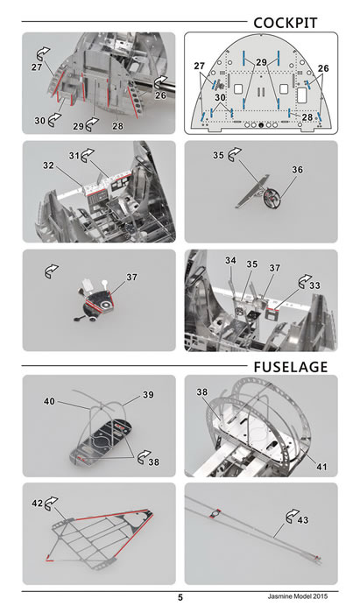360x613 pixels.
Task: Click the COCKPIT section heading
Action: [286, 23]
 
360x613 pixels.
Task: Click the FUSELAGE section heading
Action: [291, 367]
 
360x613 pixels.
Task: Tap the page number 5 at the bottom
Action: [180, 597]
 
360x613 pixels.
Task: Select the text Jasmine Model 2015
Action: [298, 596]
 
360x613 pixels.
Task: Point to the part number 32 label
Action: [48, 166]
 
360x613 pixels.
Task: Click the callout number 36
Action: [297, 170]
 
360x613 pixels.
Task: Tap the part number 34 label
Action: [230, 260]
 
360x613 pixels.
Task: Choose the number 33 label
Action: [314, 285]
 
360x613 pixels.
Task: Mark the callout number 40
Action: [50, 401]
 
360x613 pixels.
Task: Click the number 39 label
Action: [148, 395]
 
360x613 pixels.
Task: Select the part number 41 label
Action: [321, 467]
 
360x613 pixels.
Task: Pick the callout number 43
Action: [303, 520]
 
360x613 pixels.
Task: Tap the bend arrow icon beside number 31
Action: [88, 155]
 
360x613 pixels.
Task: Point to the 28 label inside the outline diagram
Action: [307, 116]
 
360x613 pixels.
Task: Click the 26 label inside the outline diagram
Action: [323, 68]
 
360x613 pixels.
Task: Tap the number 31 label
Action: [74, 156]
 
